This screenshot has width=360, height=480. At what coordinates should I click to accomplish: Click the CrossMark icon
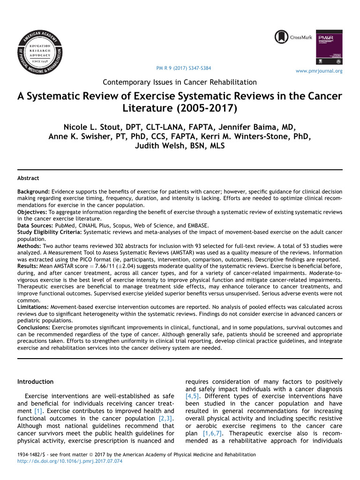[282, 37]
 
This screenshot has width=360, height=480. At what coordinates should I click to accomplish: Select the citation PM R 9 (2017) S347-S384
[183, 68]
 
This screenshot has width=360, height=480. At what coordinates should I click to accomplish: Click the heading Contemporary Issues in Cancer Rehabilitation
[180, 82]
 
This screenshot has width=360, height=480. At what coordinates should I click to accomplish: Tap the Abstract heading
[28, 178]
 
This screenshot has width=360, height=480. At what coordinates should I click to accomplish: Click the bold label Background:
[33, 192]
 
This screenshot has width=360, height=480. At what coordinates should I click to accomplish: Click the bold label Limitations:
[33, 307]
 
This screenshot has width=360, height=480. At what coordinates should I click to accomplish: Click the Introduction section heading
[35, 382]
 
